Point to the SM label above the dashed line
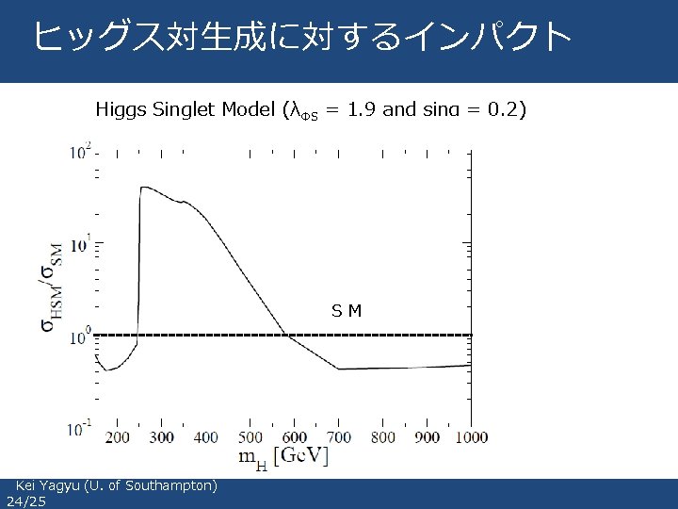tap(347, 311)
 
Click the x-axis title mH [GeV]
tap(283, 458)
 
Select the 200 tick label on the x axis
tap(117, 437)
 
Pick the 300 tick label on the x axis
tap(161, 437)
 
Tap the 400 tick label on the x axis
tap(205, 437)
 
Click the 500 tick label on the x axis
tap(250, 437)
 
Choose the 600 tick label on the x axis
tap(294, 437)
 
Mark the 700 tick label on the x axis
tap(338, 437)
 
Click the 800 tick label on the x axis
tap(382, 437)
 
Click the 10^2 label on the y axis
tap(79, 152)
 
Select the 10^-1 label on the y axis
tap(79, 428)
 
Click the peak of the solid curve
tap(144, 188)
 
